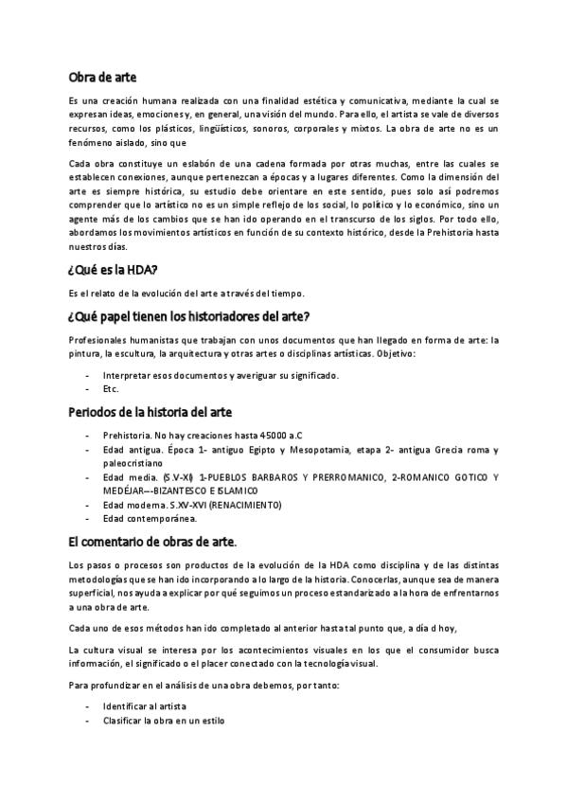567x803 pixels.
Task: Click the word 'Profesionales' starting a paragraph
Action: click(x=98, y=340)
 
